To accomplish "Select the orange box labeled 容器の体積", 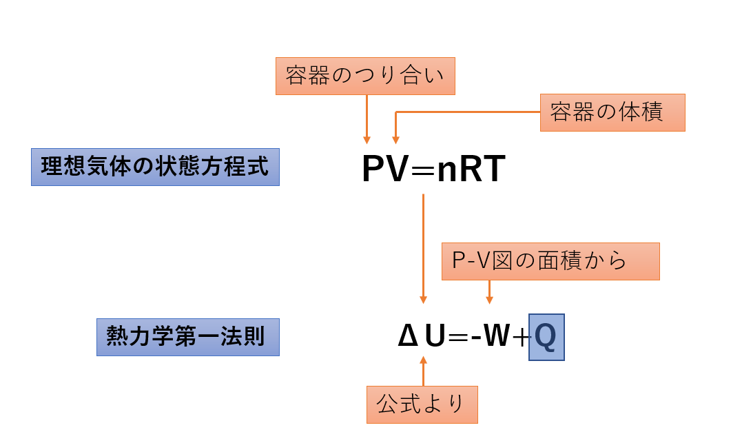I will (612, 112).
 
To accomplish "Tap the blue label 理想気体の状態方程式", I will (155, 167).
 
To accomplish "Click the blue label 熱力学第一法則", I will (187, 337).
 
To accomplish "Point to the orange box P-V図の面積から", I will (550, 261).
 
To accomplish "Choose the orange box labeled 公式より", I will (422, 404).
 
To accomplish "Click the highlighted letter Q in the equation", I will (546, 338).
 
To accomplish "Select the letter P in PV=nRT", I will (374, 170).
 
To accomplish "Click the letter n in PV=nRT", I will (448, 172).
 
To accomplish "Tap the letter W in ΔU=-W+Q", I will (495, 338).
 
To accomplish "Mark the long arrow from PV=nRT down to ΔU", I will (423, 248).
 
